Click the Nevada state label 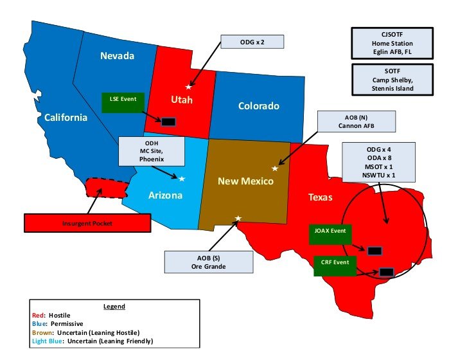pos(117,57)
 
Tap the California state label pos(65,117)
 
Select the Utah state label pos(181,100)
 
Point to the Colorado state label pos(258,106)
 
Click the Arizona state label pos(164,195)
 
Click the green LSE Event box pos(122,102)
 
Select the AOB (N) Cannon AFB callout pos(357,121)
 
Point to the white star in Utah pos(188,87)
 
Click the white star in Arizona pos(182,178)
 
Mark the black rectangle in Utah pos(168,122)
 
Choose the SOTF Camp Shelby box pos(391,80)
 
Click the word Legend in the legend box pos(114,307)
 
